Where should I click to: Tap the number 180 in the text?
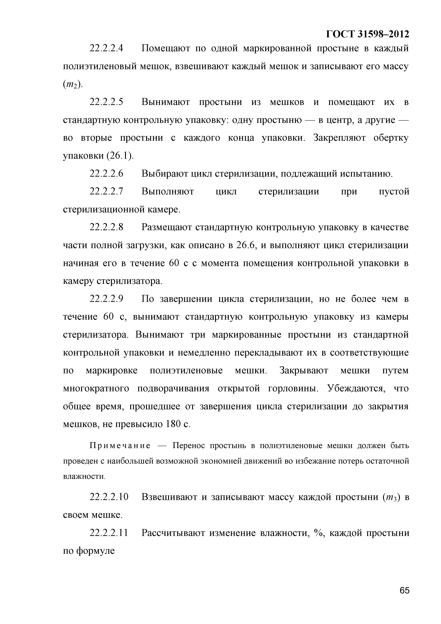click(173, 424)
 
